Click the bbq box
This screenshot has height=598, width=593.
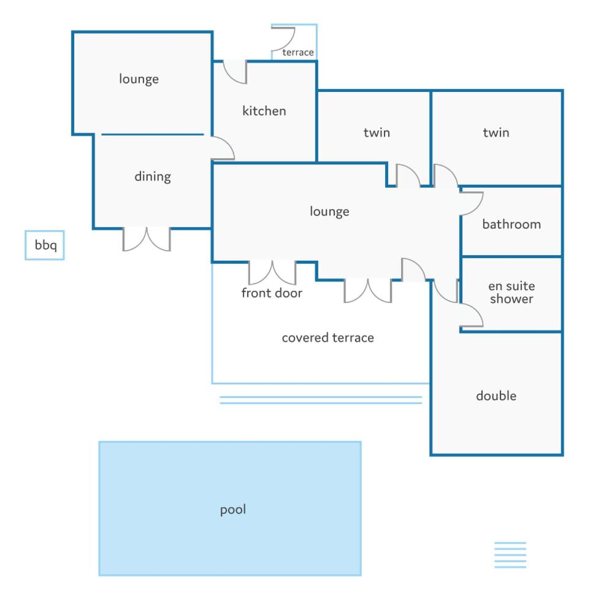click(x=45, y=245)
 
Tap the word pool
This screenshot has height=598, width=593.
click(x=233, y=510)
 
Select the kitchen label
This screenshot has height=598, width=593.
click(x=264, y=111)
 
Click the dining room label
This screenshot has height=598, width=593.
click(x=153, y=177)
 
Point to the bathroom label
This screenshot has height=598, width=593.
click(x=511, y=224)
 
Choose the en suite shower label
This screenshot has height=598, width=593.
click(x=511, y=292)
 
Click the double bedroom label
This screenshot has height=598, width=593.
click(x=496, y=396)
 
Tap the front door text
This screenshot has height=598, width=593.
click(x=272, y=293)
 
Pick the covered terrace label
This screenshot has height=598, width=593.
click(x=328, y=337)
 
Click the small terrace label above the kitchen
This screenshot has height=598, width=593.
click(x=298, y=52)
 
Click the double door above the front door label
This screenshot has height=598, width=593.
click(x=272, y=273)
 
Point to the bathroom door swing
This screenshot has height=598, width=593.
click(x=472, y=204)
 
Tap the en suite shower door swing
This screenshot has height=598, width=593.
click(x=472, y=315)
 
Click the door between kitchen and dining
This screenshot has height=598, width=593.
click(x=223, y=148)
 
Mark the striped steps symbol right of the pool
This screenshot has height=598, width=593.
click(x=510, y=555)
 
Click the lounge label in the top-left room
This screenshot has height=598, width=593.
click(x=139, y=79)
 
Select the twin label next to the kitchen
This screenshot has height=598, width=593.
click(x=377, y=132)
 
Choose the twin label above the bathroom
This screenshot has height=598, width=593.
click(x=496, y=132)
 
